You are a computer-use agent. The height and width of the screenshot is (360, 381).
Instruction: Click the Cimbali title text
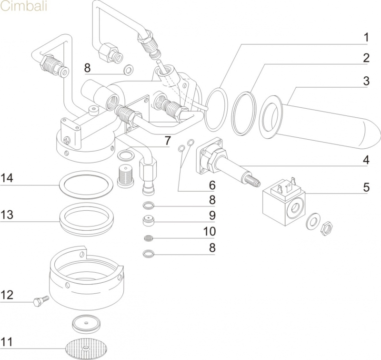click(x=23, y=9)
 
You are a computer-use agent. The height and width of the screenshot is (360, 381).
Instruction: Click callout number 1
click(x=366, y=37)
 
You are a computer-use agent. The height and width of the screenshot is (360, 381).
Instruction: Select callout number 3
click(x=366, y=81)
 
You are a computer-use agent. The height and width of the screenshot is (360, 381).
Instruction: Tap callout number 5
click(x=366, y=186)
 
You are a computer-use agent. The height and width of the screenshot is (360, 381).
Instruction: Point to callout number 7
click(x=167, y=142)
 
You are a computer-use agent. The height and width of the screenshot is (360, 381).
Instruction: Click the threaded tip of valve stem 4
click(x=252, y=180)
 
